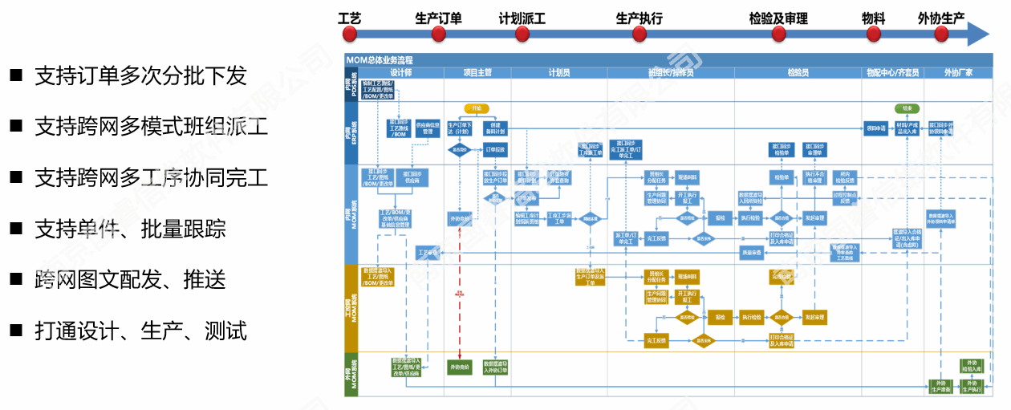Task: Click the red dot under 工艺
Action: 350,34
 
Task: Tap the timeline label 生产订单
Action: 438,18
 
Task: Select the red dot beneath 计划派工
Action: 522,34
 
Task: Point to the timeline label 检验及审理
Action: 778,18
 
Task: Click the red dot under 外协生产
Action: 941,34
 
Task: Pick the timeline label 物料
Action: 873,18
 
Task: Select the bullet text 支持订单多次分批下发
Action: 140,75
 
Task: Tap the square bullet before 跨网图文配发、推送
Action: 16,278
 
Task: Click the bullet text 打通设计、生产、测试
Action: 140,330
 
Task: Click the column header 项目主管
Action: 477,72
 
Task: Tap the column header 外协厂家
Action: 958,72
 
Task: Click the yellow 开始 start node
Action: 477,108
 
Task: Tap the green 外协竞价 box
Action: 460,367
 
